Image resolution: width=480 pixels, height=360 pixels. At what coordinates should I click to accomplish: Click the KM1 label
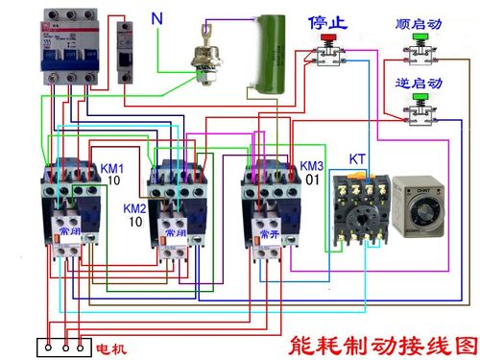[112, 168]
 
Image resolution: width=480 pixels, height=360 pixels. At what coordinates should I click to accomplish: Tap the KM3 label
[312, 164]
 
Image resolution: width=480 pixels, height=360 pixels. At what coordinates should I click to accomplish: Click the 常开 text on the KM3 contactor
[267, 232]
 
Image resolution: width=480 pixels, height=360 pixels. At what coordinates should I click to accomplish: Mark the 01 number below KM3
[313, 179]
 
